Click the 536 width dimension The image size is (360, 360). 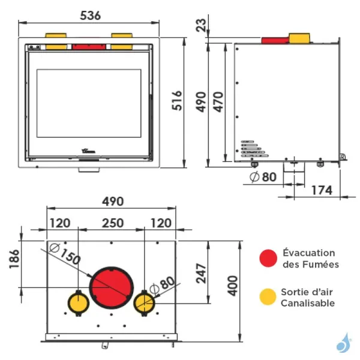tap(90, 16)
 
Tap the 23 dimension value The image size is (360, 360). tap(200, 25)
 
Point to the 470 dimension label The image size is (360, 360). tap(218, 102)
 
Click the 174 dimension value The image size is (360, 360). tap(322, 190)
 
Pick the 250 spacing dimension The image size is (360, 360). tap(112, 223)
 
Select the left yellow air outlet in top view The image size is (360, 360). tap(78, 303)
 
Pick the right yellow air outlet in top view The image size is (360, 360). tap(144, 303)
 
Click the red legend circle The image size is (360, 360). tap(268, 258)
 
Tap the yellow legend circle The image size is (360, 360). tap(268, 296)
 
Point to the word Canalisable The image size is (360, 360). tap(308, 303)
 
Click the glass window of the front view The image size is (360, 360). tap(89, 103)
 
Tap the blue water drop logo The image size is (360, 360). tap(343, 343)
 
